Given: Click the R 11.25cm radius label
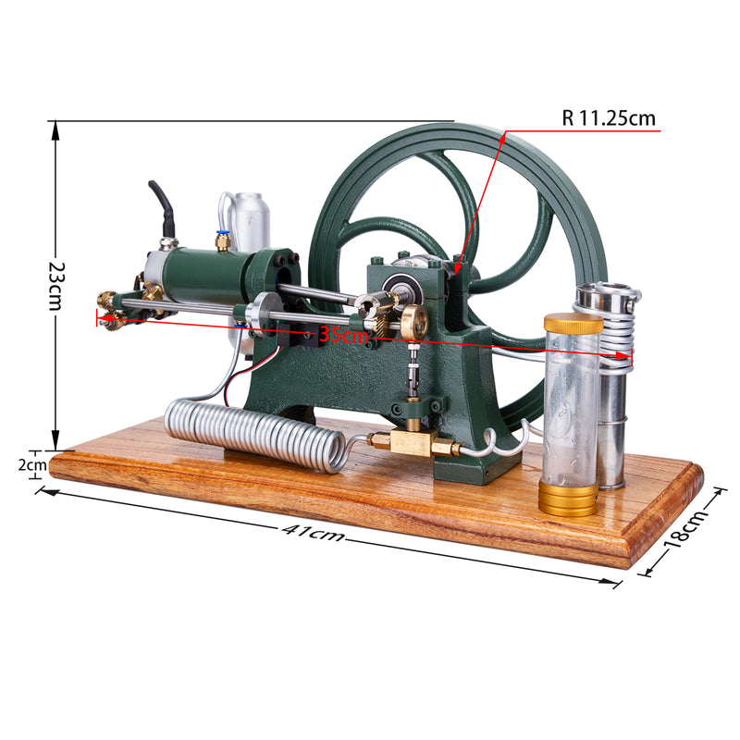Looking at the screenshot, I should point(608,118).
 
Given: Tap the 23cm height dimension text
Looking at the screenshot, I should point(55,284).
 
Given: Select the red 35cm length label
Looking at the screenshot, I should point(343,335).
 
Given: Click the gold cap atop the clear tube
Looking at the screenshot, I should point(573,324).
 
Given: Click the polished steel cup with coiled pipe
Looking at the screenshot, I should point(610,388).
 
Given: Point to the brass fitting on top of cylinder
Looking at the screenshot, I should point(223,241).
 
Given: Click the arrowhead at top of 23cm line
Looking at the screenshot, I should point(55,129).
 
